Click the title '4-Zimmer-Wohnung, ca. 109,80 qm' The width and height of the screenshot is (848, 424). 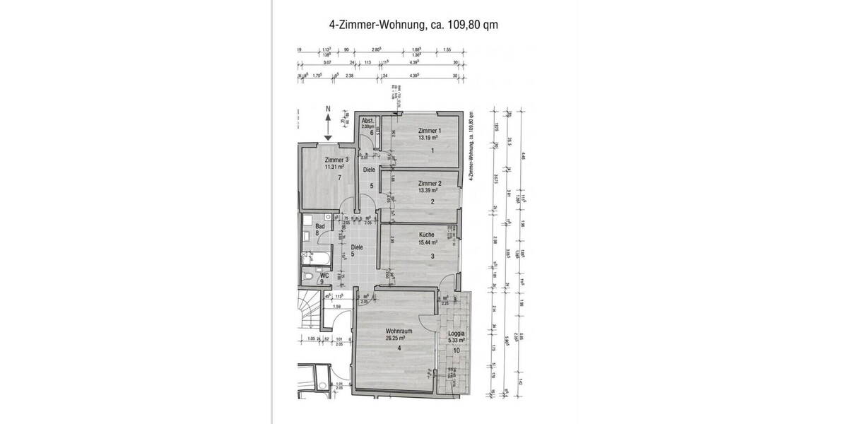tap(414, 25)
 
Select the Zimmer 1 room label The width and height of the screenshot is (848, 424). tap(430, 131)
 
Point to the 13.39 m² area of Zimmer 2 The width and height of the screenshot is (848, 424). tap(429, 191)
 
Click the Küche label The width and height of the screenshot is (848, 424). tap(425, 235)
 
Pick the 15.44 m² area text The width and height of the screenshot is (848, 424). tap(426, 242)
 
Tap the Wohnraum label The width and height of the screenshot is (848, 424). tap(399, 331)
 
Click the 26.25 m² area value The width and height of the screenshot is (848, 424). tap(398, 338)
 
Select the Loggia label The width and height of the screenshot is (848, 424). tap(457, 334)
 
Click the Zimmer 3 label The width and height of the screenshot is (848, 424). tap(337, 160)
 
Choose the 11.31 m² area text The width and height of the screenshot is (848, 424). tap(337, 167)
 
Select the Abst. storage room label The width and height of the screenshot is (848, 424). tap(367, 121)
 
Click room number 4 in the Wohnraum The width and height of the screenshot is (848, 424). tap(399, 348)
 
